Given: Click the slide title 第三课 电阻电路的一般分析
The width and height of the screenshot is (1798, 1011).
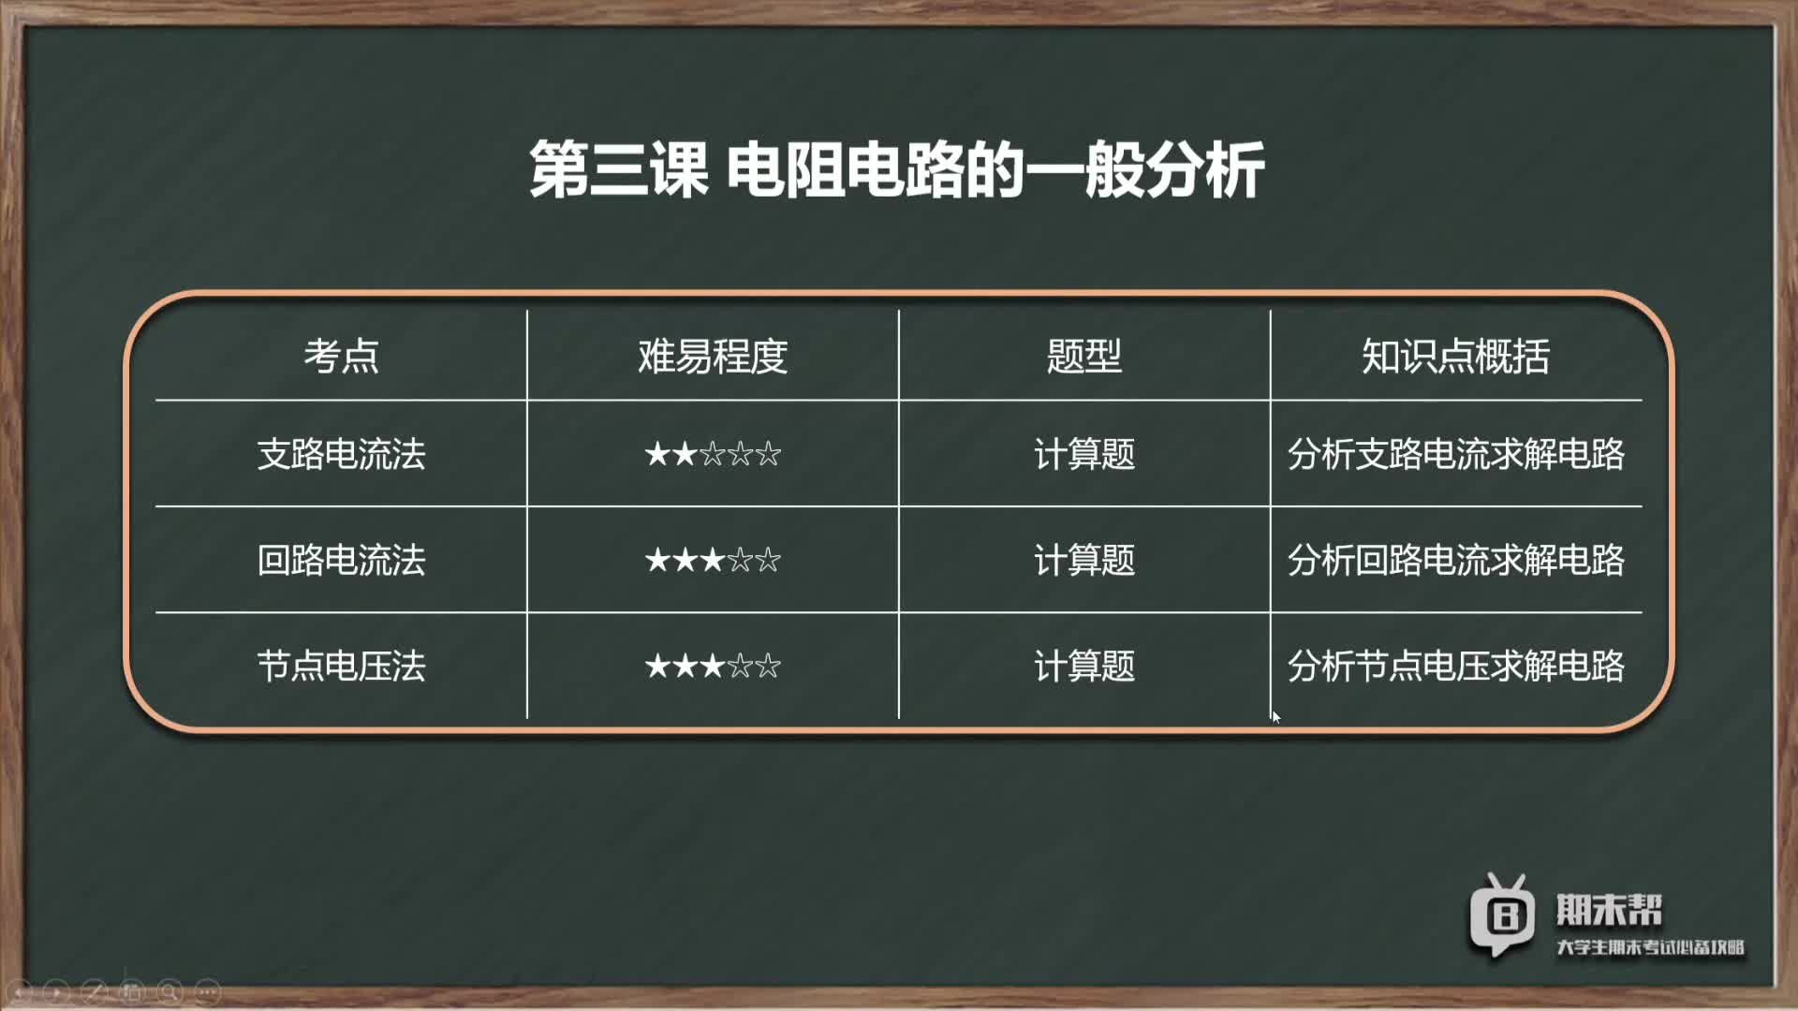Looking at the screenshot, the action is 897,169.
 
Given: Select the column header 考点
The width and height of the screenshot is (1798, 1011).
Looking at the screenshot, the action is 341,357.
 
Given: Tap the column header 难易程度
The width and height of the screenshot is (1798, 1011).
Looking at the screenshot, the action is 713,357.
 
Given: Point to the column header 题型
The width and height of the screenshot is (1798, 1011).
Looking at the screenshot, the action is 1084,357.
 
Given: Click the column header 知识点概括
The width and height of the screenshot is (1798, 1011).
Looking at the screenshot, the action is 1455,357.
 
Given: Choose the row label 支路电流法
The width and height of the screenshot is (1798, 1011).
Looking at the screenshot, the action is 341,454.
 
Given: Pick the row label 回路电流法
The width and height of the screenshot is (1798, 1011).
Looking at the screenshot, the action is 341,560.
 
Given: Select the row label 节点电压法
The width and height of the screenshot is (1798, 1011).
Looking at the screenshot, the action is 341,667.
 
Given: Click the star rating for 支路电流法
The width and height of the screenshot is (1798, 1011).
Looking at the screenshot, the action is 713,454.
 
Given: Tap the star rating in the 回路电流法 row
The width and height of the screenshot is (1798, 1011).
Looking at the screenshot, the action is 713,560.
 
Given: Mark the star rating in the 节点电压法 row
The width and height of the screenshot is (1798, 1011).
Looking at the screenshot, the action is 713,667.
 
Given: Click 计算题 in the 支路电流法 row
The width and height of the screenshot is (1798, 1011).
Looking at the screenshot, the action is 1084,454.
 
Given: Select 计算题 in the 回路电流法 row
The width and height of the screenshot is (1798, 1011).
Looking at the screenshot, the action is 1084,560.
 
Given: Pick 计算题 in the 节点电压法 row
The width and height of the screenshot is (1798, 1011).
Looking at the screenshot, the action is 1084,667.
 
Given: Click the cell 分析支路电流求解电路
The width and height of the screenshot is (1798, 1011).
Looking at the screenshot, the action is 1455,454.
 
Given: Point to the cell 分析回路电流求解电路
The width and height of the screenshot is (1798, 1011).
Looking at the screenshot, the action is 1455,560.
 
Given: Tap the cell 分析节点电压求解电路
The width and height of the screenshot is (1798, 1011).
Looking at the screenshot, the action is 1455,667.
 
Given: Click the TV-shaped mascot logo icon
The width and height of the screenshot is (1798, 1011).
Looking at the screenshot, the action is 1502,915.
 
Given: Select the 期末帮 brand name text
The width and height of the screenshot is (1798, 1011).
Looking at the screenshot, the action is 1609,910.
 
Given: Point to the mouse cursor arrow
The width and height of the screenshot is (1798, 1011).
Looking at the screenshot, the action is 1275,716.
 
